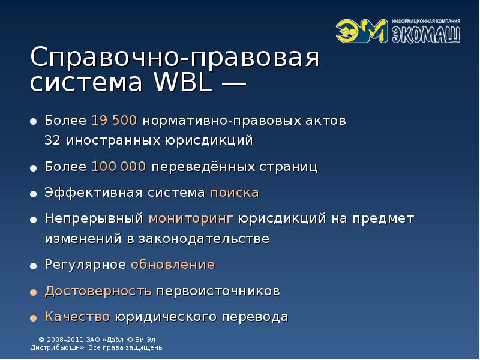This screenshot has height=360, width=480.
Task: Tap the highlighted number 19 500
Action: (115, 121)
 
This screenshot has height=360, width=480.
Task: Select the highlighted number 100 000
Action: (119, 166)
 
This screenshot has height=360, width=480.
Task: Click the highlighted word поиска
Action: (235, 193)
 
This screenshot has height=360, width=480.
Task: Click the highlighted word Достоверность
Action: (98, 291)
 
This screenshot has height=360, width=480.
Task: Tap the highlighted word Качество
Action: (77, 317)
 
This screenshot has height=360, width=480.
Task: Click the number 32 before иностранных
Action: (53, 141)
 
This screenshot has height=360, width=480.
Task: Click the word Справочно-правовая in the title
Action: (175, 59)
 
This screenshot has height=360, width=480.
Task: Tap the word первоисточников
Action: (218, 291)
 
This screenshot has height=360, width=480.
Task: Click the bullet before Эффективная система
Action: (34, 193)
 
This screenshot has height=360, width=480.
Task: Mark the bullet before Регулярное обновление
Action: (34, 265)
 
